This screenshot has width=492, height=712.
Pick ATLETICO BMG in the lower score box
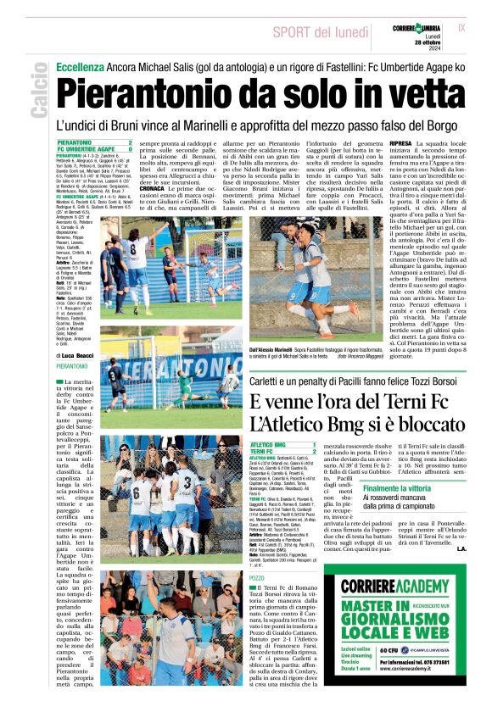[269, 444]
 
